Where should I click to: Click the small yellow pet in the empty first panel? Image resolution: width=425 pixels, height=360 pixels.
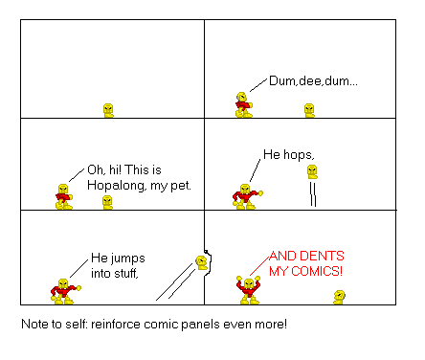108,109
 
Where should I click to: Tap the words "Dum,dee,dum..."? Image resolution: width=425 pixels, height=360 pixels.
311,82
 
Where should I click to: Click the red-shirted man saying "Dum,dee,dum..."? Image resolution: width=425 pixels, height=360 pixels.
242,103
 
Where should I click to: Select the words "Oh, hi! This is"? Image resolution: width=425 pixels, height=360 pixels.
134,169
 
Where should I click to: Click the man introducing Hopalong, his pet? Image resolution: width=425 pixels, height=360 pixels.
64,195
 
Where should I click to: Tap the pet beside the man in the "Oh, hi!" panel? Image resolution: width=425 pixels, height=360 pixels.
107,202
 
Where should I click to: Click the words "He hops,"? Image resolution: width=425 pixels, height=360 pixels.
287,154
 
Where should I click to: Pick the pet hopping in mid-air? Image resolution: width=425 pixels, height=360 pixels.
311,172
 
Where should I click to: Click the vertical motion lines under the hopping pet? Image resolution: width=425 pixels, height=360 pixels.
311,195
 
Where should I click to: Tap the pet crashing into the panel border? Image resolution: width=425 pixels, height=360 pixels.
201,261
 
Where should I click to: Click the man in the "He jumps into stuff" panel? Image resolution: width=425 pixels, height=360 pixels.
63,289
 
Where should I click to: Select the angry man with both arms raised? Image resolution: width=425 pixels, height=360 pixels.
249,288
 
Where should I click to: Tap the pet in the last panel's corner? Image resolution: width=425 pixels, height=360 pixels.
338,297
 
